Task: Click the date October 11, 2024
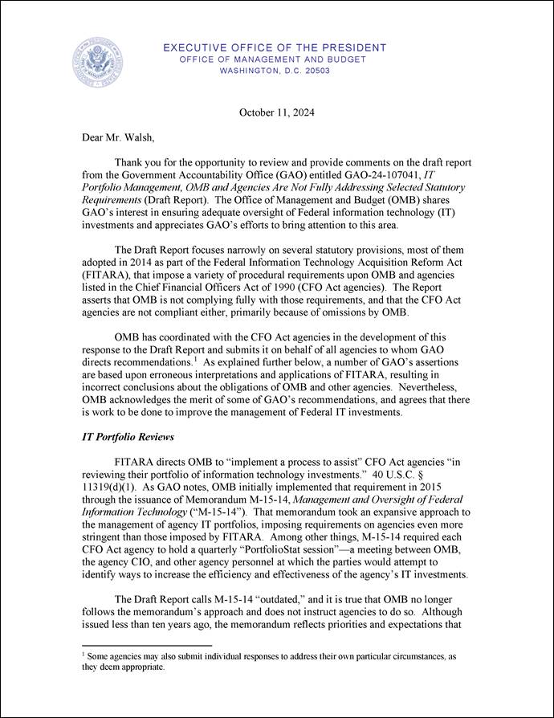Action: point(276,112)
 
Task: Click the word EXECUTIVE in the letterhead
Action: point(198,48)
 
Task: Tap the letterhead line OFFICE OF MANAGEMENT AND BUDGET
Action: point(272,59)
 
